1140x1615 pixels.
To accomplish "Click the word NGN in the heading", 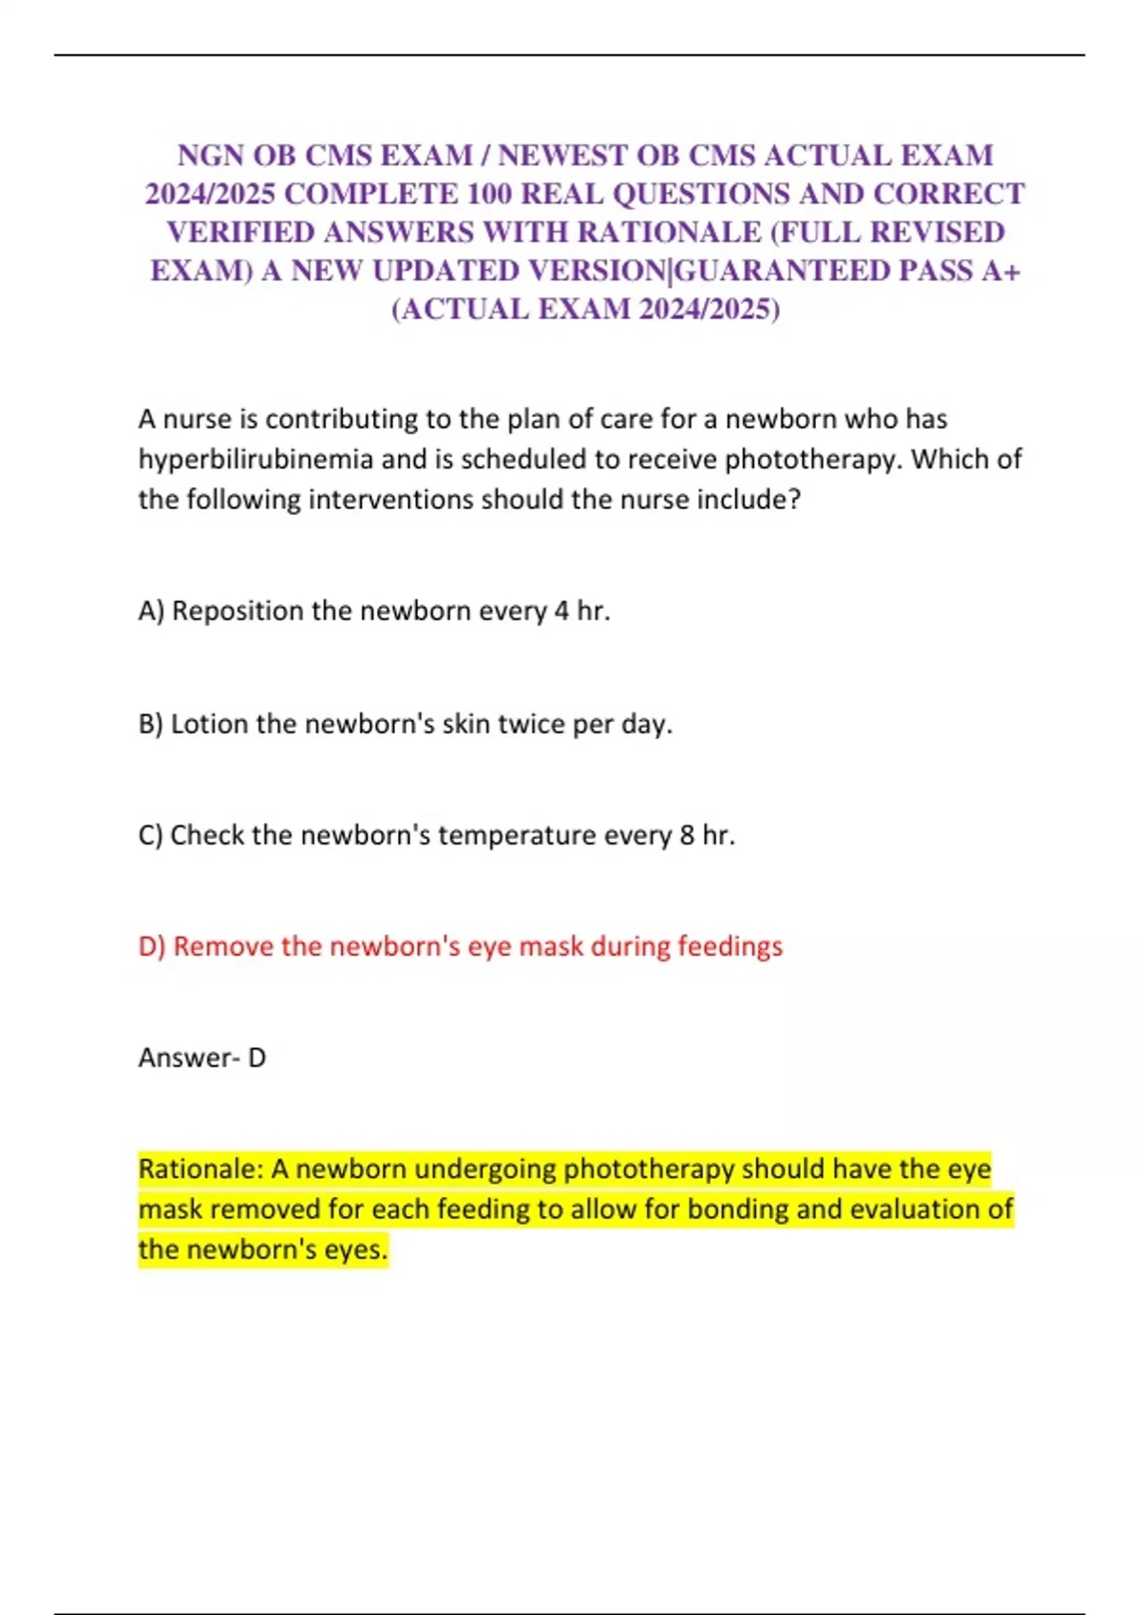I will click(x=211, y=155).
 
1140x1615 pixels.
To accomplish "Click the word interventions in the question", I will click(x=391, y=500).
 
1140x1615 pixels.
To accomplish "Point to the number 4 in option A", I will click(x=560, y=611).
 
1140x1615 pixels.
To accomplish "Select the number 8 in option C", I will click(x=687, y=835).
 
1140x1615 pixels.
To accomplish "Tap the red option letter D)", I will click(x=152, y=946).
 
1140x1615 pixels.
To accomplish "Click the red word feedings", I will click(x=730, y=946).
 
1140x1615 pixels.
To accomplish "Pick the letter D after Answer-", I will click(x=256, y=1057).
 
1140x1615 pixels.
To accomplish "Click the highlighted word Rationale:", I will click(x=200, y=1168).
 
